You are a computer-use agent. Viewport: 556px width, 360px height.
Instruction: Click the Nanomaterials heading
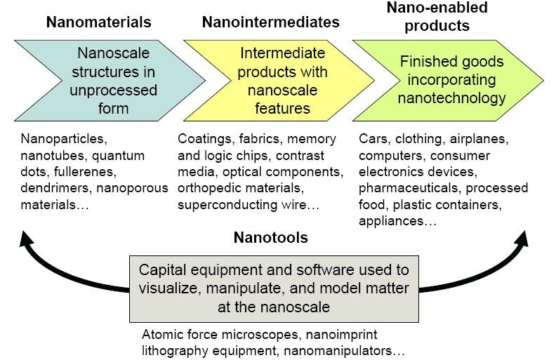click(98, 22)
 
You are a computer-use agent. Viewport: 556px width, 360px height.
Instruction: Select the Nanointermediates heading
click(270, 22)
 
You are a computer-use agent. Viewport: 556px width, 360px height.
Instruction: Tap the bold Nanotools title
click(270, 237)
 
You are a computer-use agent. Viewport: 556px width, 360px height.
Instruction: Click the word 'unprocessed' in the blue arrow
click(114, 91)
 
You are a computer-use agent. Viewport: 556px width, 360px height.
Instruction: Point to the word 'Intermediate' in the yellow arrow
click(283, 53)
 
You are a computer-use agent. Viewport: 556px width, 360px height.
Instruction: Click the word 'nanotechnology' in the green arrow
click(452, 98)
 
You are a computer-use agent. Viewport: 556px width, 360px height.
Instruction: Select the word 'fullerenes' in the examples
click(85, 172)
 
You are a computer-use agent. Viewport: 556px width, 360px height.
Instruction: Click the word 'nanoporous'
click(132, 189)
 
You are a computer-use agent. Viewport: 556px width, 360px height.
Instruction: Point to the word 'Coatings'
click(204, 139)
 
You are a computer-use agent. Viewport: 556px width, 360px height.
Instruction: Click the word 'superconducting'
click(227, 205)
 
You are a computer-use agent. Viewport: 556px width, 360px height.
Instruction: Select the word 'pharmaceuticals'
click(410, 188)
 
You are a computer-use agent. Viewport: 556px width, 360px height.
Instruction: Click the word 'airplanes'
click(479, 139)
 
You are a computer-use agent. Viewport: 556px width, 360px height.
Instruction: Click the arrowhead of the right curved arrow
click(522, 239)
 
